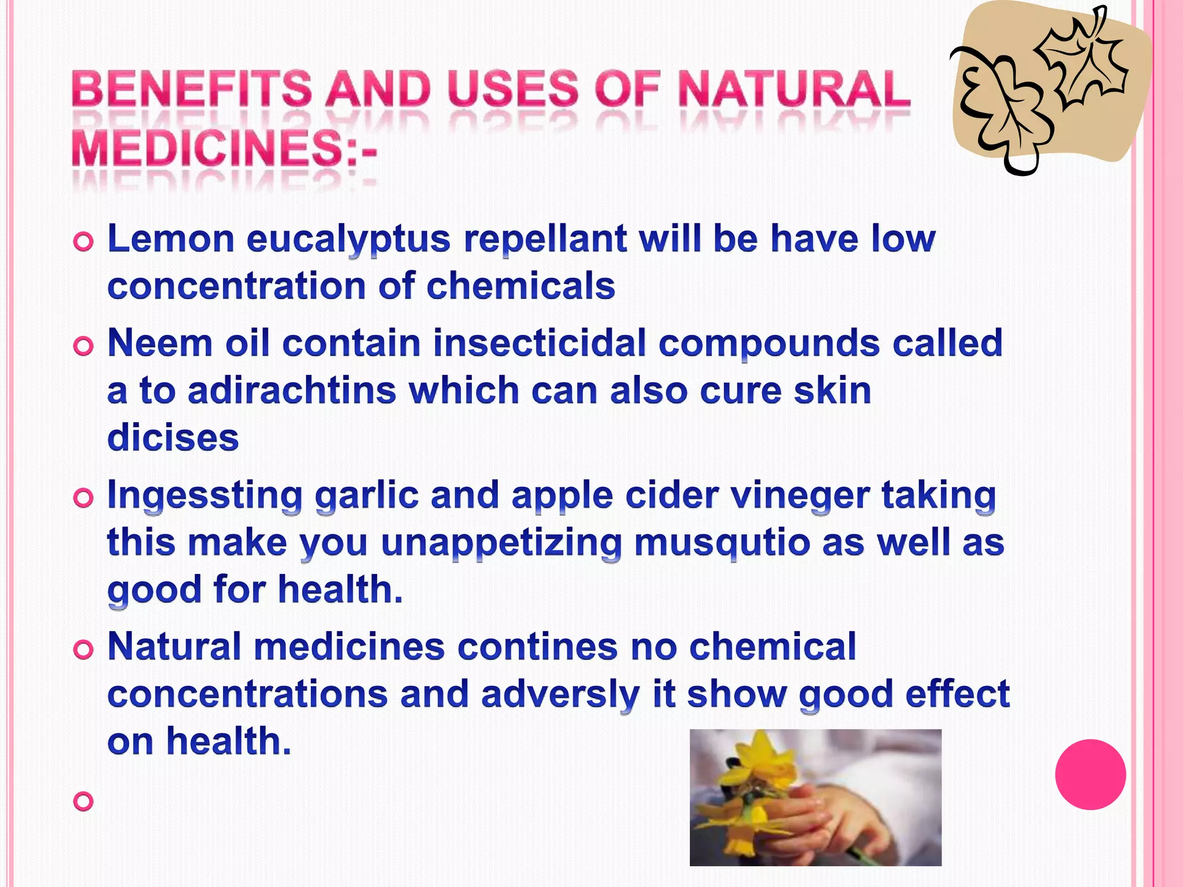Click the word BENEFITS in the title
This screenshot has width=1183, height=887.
coord(191,90)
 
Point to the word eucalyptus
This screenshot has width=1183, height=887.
coord(348,240)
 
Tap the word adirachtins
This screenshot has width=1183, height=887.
coord(292,390)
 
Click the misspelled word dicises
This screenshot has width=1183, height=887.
coord(173,438)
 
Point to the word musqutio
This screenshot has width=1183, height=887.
coord(721,543)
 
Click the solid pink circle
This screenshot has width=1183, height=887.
coord(1090,774)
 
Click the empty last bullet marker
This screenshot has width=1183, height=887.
coord(83,802)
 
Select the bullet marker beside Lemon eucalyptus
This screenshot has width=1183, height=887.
coord(83,242)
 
